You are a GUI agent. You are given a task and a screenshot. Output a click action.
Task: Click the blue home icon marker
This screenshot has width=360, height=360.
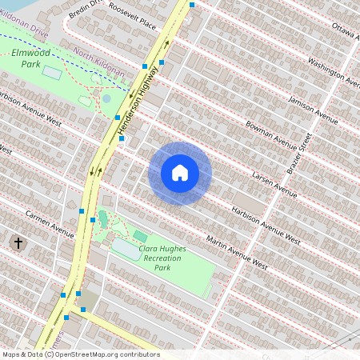coord(180,173)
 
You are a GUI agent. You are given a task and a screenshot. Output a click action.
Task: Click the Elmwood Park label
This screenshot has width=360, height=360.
coord(33,58)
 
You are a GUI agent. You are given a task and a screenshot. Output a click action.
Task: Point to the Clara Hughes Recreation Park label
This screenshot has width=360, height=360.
coord(169,258)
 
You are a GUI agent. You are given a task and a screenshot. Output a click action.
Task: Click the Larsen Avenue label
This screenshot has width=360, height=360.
coord(274,183)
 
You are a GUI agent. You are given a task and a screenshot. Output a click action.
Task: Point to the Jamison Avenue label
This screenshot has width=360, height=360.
coord(314,108)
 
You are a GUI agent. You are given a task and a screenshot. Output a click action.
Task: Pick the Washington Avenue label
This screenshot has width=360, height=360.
coord(333,70)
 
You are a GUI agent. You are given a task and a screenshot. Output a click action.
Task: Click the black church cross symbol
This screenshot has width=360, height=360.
coord(18,242)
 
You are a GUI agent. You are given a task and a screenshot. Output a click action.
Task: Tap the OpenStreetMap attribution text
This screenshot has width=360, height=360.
coord(80,354)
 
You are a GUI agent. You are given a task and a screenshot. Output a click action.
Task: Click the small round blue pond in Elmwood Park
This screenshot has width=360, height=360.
coord(106,98)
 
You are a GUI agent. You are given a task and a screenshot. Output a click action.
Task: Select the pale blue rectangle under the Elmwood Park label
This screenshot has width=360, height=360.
coord(52,72)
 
